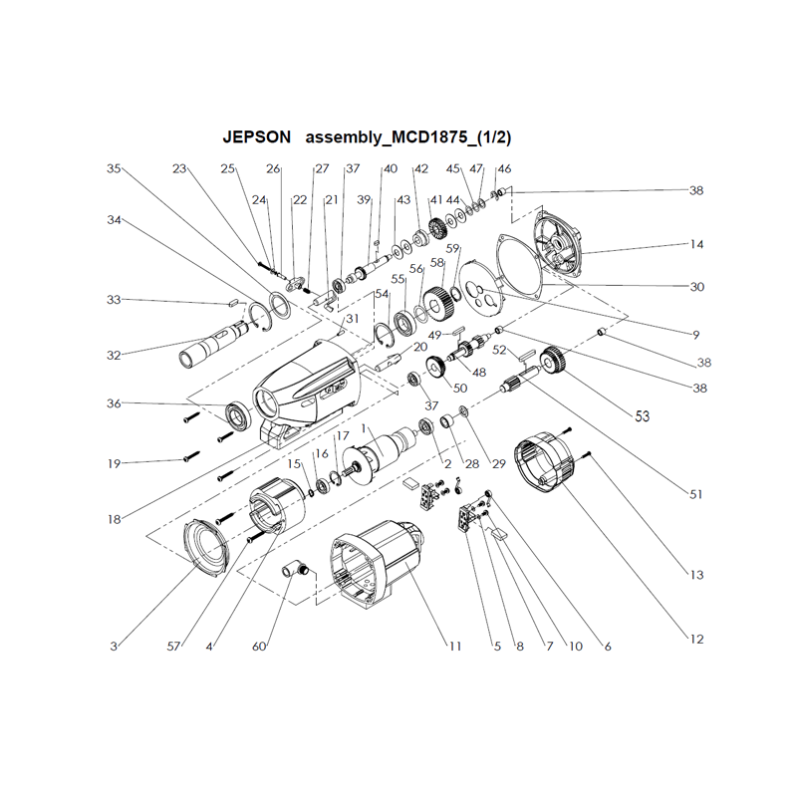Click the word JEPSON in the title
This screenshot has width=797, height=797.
pyautogui.click(x=257, y=135)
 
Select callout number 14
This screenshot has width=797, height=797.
pyautogui.click(x=696, y=244)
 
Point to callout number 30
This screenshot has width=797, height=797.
pyautogui.click(x=696, y=287)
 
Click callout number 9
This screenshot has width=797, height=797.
pyautogui.click(x=695, y=333)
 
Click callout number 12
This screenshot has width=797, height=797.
pyautogui.click(x=696, y=638)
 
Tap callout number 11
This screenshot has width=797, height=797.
pyautogui.click(x=454, y=647)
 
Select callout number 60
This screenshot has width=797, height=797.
pyautogui.click(x=259, y=647)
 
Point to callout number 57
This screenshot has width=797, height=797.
pyautogui.click(x=175, y=647)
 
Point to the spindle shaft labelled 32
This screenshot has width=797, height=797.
pyautogui.click(x=211, y=344)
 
